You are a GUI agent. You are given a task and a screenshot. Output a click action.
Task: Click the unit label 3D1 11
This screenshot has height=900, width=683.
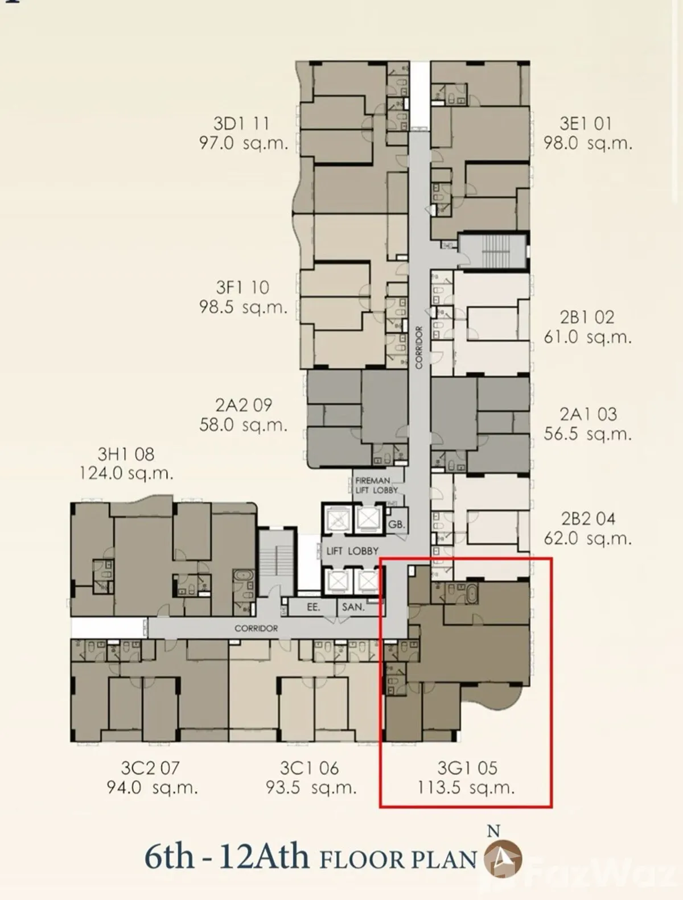[241, 123]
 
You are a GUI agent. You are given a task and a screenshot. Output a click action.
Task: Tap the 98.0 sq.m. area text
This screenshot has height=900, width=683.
[587, 143]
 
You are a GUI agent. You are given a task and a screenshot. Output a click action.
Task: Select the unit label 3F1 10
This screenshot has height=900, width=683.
[242, 287]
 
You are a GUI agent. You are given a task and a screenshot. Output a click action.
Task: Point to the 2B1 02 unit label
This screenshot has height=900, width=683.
[587, 317]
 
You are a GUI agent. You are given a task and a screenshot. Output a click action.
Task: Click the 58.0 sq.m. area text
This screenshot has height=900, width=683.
[243, 425]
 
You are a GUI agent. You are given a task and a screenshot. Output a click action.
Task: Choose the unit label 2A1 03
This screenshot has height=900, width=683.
[589, 414]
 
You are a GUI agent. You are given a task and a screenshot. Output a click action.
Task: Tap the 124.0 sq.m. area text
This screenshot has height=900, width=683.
[126, 473]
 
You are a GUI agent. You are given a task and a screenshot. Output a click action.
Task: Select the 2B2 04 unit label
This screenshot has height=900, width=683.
[589, 519]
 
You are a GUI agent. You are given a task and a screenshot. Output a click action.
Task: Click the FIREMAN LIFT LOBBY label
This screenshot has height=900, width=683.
[376, 485]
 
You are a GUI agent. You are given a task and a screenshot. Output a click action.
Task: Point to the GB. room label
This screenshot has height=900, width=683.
[396, 525]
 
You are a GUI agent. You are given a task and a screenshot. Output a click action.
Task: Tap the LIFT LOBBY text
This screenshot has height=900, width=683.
[352, 551]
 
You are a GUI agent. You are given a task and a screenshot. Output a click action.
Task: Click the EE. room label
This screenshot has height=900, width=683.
[314, 607]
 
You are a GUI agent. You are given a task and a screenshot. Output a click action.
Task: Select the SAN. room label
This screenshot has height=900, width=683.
[353, 607]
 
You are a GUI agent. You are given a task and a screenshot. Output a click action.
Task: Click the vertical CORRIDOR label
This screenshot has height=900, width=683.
[418, 347]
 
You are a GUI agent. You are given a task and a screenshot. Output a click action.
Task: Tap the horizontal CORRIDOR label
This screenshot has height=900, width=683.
[256, 628]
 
